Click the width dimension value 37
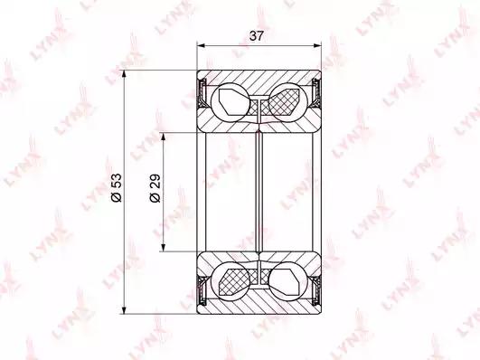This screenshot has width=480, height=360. click(x=256, y=36)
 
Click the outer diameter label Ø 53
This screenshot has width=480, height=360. click(x=117, y=187)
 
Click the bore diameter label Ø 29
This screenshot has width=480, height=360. click(x=155, y=188)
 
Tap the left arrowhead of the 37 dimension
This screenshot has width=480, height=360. click(x=201, y=45)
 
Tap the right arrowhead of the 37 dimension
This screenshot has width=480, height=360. click(x=317, y=45)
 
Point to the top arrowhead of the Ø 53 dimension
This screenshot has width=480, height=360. click(x=124, y=74)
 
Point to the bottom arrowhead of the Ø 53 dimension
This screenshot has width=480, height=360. click(x=124, y=309)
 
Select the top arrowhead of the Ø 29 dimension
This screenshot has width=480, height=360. click(x=164, y=137)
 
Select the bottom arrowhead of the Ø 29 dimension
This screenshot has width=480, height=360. click(x=164, y=247)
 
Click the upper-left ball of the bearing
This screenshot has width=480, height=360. click(x=231, y=102)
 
